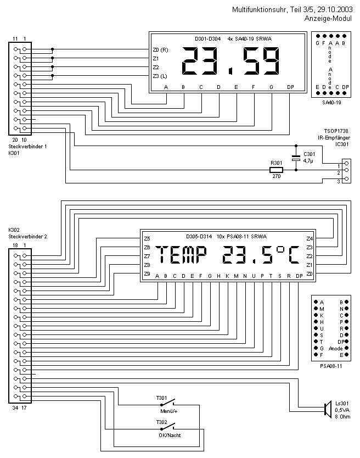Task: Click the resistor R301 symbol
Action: coord(276,171)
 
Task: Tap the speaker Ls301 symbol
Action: coord(327,409)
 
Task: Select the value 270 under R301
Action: coord(276,177)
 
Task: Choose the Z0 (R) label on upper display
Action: coord(160,51)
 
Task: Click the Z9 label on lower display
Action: coord(147,273)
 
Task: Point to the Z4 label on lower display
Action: coord(309,238)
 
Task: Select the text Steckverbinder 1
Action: coord(27,147)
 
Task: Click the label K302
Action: coord(14,230)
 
